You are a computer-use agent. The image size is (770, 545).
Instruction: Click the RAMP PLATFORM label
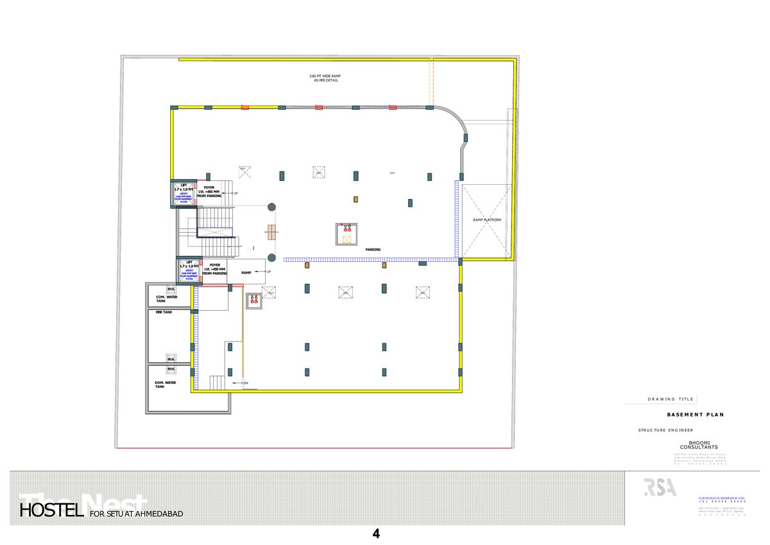pyautogui.click(x=487, y=220)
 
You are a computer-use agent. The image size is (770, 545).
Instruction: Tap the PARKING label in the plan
pyautogui.click(x=373, y=250)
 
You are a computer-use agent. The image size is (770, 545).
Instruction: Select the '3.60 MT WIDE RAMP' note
pyautogui.click(x=326, y=78)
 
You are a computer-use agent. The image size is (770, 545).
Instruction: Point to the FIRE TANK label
pyautogui.click(x=164, y=313)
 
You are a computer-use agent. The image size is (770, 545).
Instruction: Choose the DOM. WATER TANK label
pyautogui.click(x=166, y=385)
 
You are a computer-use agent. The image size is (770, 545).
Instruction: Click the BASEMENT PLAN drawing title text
pyautogui.click(x=695, y=415)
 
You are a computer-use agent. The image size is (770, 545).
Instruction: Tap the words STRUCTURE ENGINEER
pyautogui.click(x=665, y=429)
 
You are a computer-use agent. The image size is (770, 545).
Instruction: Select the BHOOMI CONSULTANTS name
pyautogui.click(x=699, y=445)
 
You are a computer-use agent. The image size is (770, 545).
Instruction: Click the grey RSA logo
pyautogui.click(x=660, y=487)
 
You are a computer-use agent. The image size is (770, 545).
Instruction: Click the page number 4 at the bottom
pyautogui.click(x=377, y=533)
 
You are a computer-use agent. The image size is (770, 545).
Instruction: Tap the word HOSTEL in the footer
pyautogui.click(x=52, y=512)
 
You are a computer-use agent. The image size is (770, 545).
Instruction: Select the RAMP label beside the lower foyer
pyautogui.click(x=246, y=272)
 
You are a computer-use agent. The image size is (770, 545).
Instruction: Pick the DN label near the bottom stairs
pyautogui.click(x=245, y=383)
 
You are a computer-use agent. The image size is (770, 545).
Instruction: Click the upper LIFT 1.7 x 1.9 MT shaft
pyautogui.click(x=184, y=194)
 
